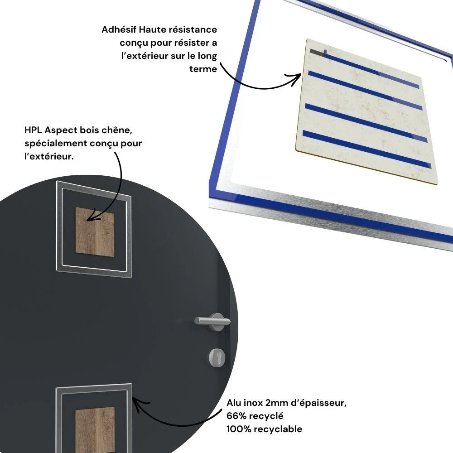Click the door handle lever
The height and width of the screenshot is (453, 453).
click(x=212, y=321)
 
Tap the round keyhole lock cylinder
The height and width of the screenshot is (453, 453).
click(x=217, y=358)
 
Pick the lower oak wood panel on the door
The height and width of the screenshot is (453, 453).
click(x=95, y=430)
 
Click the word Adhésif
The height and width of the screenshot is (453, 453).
click(x=119, y=29)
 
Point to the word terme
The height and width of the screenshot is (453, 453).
click(x=203, y=69)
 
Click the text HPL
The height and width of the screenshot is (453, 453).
click(x=33, y=130)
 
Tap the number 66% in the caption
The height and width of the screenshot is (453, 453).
click(x=236, y=416)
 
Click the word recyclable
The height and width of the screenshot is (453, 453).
click(x=278, y=429)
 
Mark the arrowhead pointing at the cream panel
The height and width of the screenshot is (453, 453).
click(x=295, y=78)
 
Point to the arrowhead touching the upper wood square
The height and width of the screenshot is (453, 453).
click(x=92, y=217)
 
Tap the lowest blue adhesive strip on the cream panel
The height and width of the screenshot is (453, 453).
click(x=367, y=149)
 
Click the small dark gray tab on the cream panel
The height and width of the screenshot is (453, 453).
click(x=317, y=52)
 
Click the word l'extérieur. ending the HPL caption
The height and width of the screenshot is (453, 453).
click(x=49, y=156)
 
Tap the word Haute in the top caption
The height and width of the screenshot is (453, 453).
click(x=152, y=29)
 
